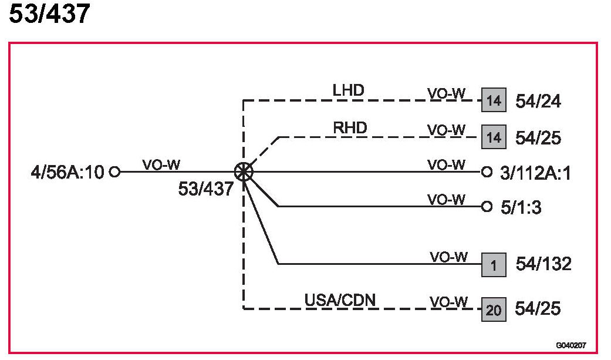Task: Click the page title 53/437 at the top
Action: pyautogui.click(x=49, y=14)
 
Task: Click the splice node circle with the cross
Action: pyautogui.click(x=243, y=171)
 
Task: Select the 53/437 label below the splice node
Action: pyautogui.click(x=206, y=190)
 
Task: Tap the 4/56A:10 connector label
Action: pyautogui.click(x=67, y=173)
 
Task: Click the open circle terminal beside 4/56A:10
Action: pyautogui.click(x=115, y=172)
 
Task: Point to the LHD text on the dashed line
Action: pyautogui.click(x=348, y=90)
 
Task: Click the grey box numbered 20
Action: pyautogui.click(x=494, y=309)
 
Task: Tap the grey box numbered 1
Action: pyautogui.click(x=494, y=265)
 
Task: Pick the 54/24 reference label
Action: pyautogui.click(x=538, y=102)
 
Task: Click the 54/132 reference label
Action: pyautogui.click(x=544, y=264)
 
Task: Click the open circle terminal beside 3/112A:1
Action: pyautogui.click(x=486, y=172)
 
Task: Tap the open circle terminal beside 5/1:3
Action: pyautogui.click(x=486, y=206)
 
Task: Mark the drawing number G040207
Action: pyautogui.click(x=572, y=346)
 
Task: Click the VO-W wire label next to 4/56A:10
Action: pyautogui.click(x=161, y=164)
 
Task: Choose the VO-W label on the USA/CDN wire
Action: pyautogui.click(x=448, y=302)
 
